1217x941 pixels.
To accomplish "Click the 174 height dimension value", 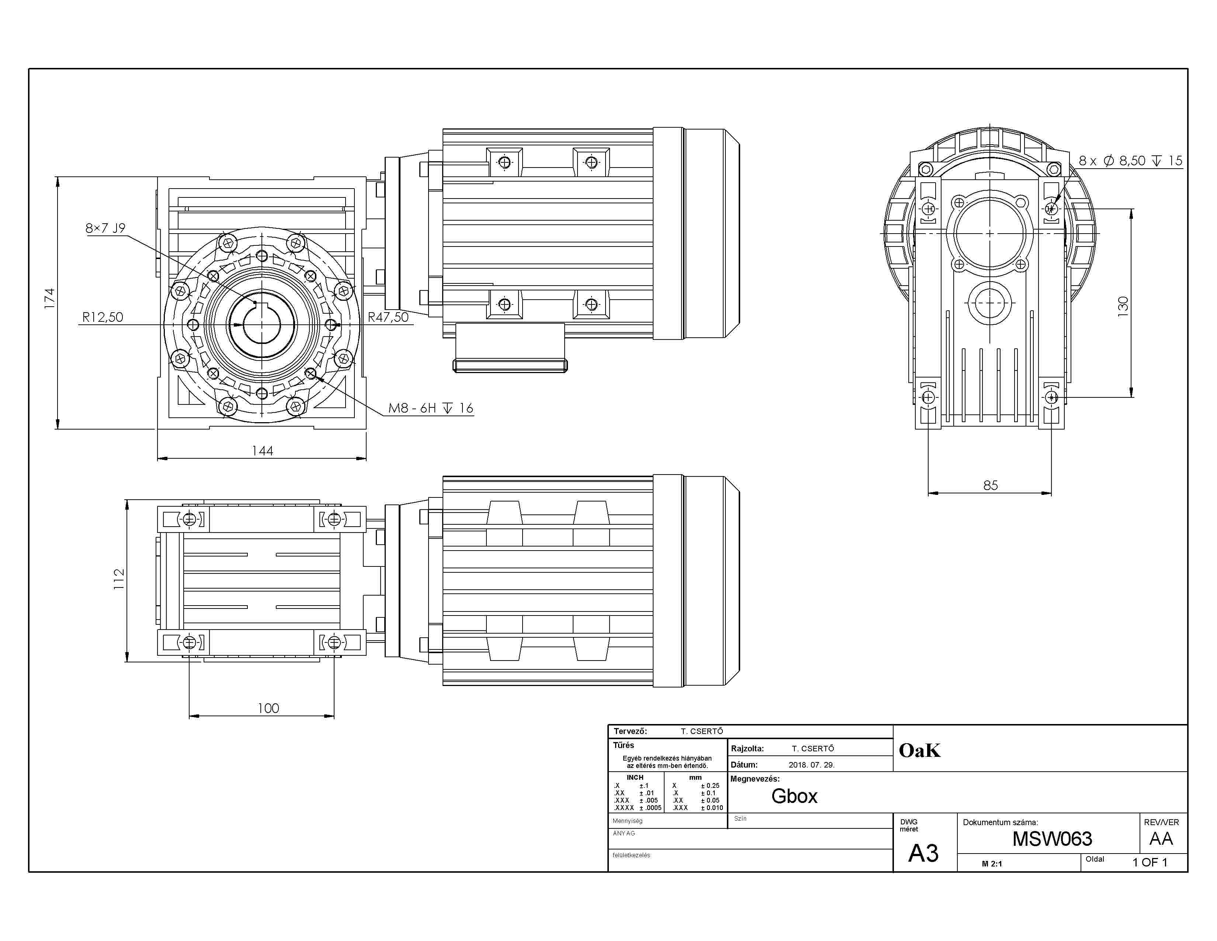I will [x=49, y=299].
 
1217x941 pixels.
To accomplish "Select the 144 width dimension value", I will [x=263, y=451].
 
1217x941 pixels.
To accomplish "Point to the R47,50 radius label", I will [x=388, y=317].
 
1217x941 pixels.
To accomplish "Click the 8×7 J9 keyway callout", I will [x=105, y=228].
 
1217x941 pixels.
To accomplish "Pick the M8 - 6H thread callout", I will [x=430, y=408].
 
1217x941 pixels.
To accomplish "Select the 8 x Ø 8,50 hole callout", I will [x=1130, y=161].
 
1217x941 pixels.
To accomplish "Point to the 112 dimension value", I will [x=119, y=579].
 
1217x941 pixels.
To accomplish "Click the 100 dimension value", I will [x=268, y=708].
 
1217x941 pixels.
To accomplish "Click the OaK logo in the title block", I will [x=919, y=750].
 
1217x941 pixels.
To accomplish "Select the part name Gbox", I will [x=794, y=796].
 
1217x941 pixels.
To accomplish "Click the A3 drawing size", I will [x=923, y=853].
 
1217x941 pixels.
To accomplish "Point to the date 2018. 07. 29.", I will [x=811, y=765].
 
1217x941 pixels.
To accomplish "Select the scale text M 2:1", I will [x=992, y=864].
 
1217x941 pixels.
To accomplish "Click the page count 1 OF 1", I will [x=1150, y=862].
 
